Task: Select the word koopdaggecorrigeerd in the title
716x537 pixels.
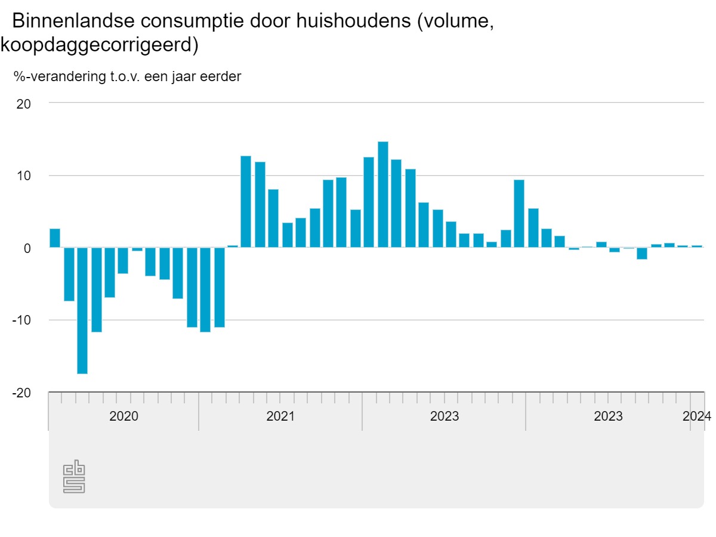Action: click(95, 45)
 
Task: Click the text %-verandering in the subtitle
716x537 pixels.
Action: click(51, 76)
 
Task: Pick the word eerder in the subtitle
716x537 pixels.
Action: click(221, 76)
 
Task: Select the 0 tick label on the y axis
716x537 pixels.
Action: click(27, 248)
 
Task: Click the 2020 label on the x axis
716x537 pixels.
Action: click(124, 416)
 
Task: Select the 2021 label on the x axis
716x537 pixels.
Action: click(280, 416)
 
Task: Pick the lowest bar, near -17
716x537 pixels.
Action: click(82, 310)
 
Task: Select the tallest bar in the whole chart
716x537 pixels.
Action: click(383, 195)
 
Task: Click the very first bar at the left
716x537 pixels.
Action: click(55, 238)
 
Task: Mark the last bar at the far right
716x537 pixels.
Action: click(697, 246)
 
